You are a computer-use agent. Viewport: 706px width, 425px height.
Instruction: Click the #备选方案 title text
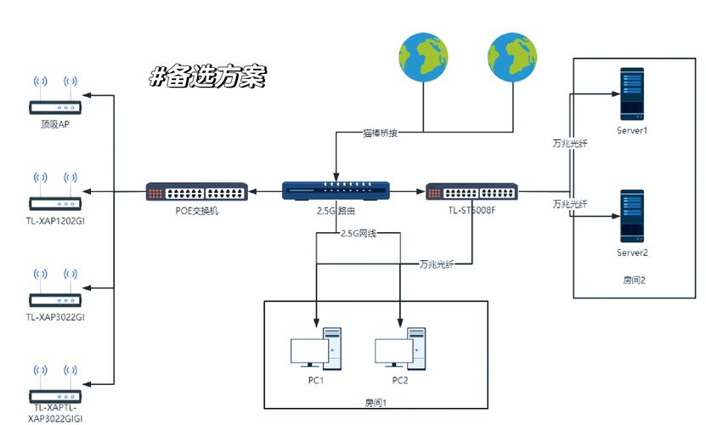tap(208, 76)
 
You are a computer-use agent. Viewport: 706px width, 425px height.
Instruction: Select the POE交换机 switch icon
tap(196, 191)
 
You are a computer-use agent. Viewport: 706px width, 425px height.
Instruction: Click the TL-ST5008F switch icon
tap(472, 191)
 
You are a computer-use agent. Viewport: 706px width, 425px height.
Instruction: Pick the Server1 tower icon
tap(631, 93)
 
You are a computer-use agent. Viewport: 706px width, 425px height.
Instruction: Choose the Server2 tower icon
tap(631, 217)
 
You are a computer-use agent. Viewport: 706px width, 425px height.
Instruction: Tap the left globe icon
tap(424, 55)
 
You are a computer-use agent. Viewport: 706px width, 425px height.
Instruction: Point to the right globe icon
tap(511, 55)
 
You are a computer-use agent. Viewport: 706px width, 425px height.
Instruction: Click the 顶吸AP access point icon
tap(55, 97)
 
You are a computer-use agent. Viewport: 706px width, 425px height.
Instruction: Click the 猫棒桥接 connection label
tap(381, 133)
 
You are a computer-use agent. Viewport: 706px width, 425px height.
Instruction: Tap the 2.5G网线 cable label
tap(358, 232)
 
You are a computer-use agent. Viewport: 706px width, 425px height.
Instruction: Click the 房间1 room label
tap(375, 403)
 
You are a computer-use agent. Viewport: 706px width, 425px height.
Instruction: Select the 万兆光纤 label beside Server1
tap(570, 143)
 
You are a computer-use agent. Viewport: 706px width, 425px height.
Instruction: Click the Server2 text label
tap(632, 252)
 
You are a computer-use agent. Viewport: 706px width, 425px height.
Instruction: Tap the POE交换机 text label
tap(196, 211)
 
